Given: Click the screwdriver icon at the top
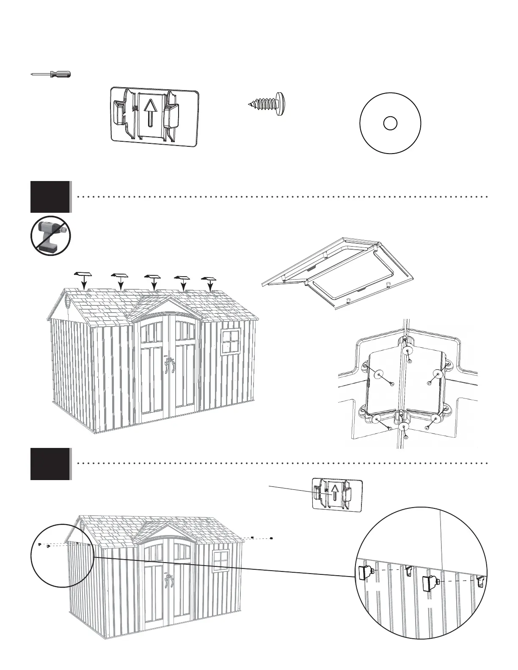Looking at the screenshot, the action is (51, 74).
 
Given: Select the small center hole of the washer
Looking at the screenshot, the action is (390, 124).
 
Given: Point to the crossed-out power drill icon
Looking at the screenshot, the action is (50, 234).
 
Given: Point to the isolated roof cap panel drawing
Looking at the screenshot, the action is (337, 273).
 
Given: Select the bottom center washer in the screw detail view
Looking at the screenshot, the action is (404, 426).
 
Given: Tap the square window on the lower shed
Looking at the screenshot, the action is (220, 561).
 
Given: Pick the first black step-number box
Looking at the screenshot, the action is (50, 196).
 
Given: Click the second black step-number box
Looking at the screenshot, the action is (50, 464).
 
